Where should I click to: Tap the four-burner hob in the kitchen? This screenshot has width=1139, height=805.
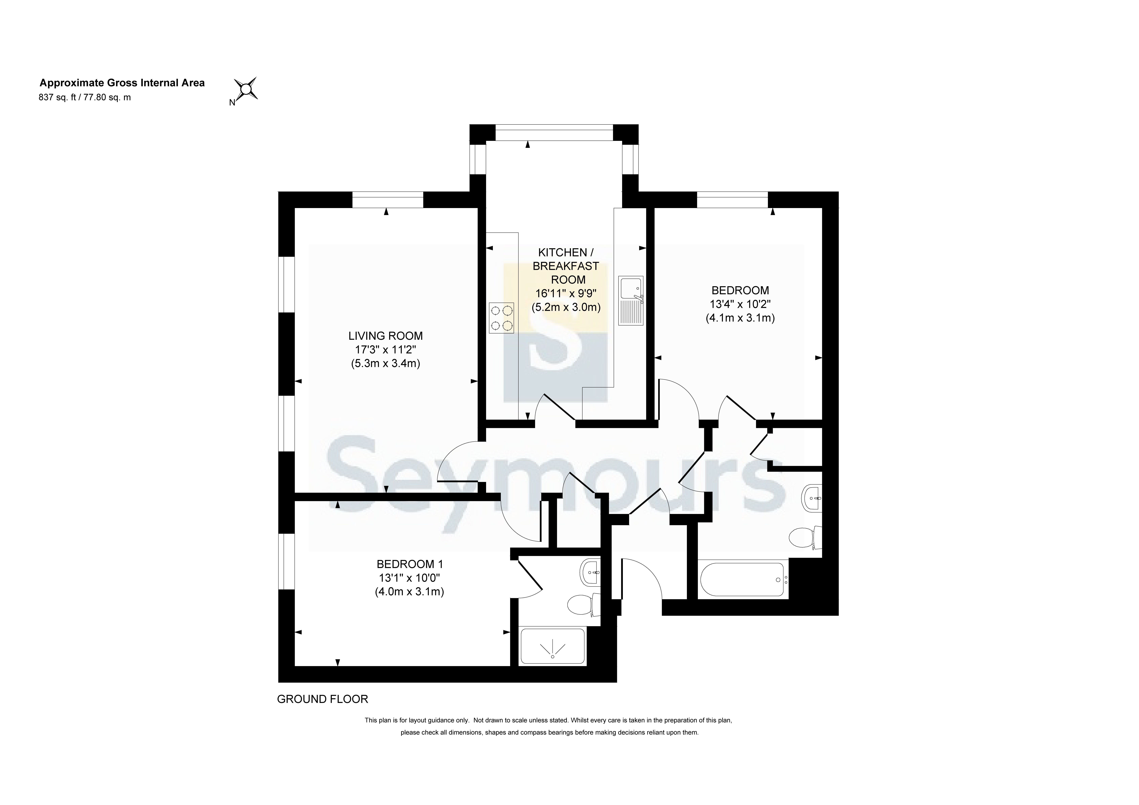[x=501, y=318]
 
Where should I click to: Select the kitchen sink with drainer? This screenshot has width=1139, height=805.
[x=631, y=301]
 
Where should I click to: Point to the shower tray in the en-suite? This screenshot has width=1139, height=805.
[x=552, y=647]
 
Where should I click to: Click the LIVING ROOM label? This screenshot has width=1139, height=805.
[x=386, y=336]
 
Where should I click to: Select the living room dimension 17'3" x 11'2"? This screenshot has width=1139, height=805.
[x=386, y=350]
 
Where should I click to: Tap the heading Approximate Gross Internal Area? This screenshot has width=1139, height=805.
[x=122, y=83]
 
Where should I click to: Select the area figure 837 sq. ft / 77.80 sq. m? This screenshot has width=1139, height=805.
[x=85, y=97]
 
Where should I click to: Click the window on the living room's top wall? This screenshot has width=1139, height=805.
[x=388, y=200]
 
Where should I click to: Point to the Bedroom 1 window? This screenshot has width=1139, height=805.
[x=286, y=562]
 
